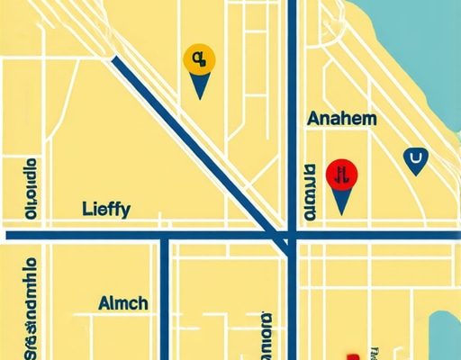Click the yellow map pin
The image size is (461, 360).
pos(198,61)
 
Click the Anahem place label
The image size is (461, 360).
pos(341,119)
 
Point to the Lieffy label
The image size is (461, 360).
pos(105,210)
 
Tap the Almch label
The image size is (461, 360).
pos(123,303)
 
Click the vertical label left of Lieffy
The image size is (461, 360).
pos(31,191)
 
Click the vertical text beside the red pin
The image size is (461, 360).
pos(310,193)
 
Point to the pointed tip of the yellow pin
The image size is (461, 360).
pos(199,97)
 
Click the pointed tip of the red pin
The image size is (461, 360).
pos(341,212)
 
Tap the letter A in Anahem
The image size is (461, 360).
pos(312,119)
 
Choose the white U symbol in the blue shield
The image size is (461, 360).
pos(414,161)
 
